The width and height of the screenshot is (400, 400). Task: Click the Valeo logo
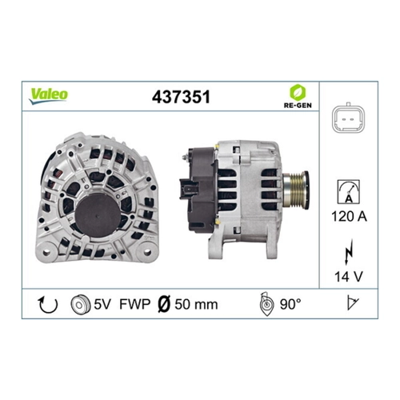pyautogui.click(x=48, y=96)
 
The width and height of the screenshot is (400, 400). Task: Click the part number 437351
pyautogui.click(x=181, y=97)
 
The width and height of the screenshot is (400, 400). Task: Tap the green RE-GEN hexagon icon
pyautogui.click(x=298, y=92)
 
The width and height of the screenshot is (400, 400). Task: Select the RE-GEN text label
pyautogui.click(x=298, y=105)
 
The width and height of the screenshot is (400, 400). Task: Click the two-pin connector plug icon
pyautogui.click(x=349, y=118)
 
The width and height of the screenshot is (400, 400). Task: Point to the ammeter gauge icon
pyautogui.click(x=349, y=192)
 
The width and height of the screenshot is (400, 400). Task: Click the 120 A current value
pyautogui.click(x=349, y=216)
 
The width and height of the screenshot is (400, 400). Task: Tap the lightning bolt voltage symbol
pyautogui.click(x=349, y=251)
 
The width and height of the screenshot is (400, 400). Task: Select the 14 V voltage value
pyautogui.click(x=349, y=277)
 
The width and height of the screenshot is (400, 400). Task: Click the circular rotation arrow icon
pyautogui.click(x=48, y=305)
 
